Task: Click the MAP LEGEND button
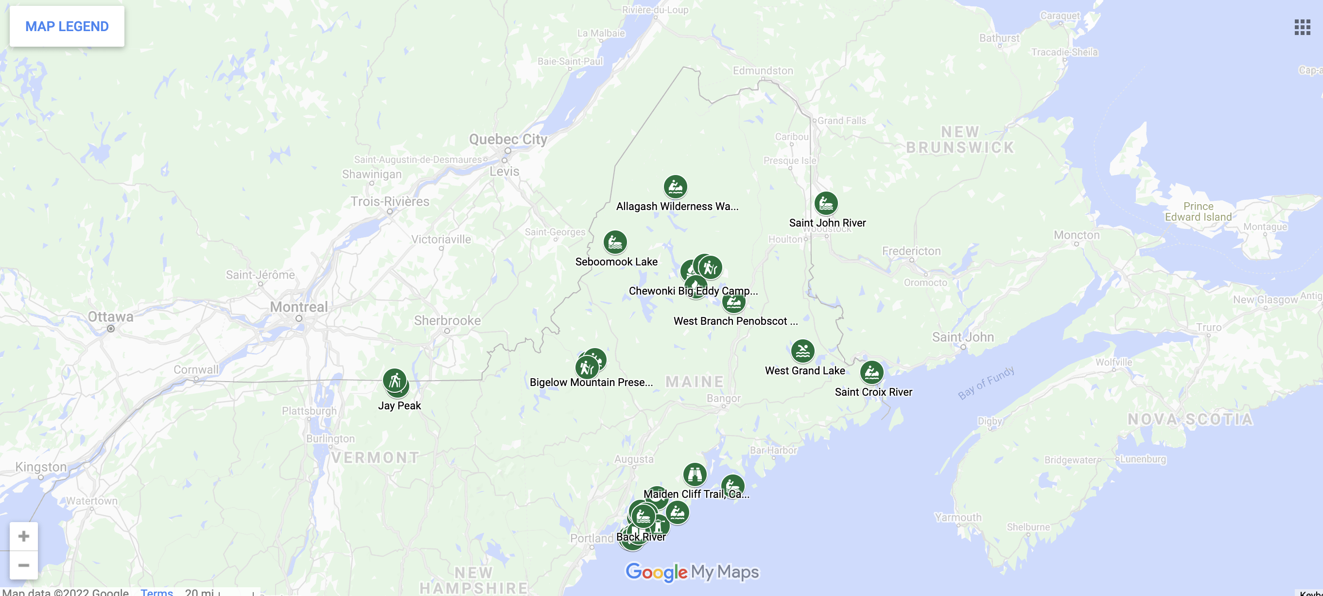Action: [x=67, y=26]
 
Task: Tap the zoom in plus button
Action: [x=24, y=536]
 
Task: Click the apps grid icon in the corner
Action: [x=1302, y=27]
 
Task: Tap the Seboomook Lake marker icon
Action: [x=615, y=242]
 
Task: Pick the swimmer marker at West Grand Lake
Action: [x=802, y=351]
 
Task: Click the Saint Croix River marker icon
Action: [x=871, y=372]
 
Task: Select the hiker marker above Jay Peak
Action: [x=395, y=381]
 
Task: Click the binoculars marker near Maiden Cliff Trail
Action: [x=695, y=474]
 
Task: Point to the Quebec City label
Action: [x=507, y=139]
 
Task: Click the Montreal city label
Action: [x=298, y=307]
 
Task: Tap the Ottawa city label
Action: [x=110, y=316]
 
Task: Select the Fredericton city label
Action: [x=911, y=251]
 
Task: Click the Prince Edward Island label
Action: [x=1198, y=211]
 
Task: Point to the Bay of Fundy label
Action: [x=986, y=382]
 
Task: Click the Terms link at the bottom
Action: [x=157, y=591]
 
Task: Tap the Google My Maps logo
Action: [x=692, y=572]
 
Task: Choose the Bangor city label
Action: [x=723, y=398]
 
